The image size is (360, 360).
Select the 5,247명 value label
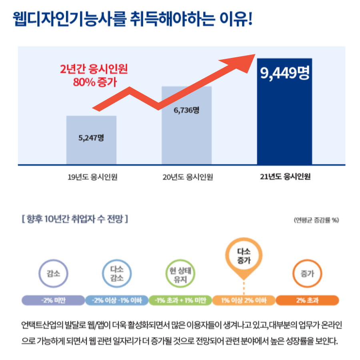91,138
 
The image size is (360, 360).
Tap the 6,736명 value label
186,110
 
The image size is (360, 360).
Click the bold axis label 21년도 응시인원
285,177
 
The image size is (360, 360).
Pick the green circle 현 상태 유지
179,274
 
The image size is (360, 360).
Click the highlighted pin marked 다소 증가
244,256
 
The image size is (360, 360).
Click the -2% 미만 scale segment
53,300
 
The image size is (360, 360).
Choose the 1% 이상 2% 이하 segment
244,300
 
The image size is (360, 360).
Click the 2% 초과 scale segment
307,300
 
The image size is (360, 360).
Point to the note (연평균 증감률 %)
316,220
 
